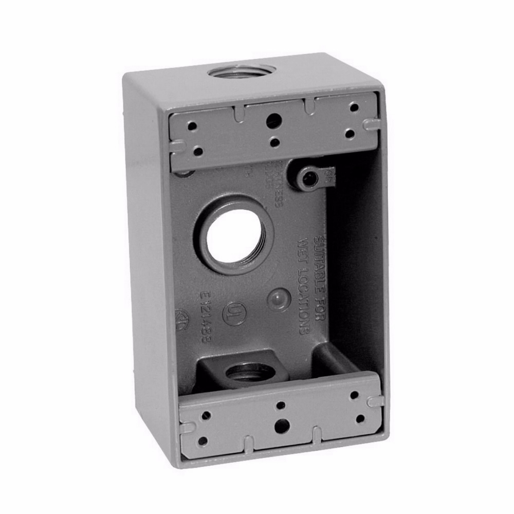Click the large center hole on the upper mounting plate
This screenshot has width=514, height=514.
273,121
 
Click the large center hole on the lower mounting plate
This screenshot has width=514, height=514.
281,426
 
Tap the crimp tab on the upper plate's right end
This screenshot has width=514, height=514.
371,124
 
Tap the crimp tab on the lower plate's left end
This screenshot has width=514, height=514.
188,427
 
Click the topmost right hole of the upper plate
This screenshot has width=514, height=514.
354,107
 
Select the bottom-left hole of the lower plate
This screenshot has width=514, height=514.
203,441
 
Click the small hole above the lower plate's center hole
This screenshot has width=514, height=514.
281,406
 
